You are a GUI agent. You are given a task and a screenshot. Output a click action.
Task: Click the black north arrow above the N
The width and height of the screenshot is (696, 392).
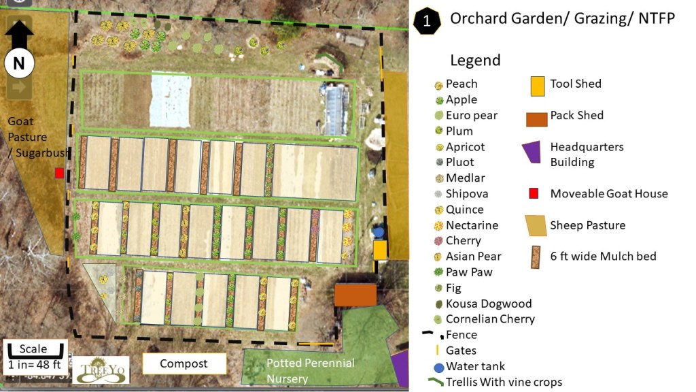(19, 33)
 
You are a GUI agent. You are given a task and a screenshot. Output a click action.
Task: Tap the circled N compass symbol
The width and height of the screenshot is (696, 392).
(18, 64)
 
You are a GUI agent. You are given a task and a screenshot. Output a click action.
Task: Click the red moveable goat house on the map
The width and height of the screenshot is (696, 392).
(60, 173)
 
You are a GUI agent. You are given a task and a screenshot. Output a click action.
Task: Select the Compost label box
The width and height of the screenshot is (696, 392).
(184, 363)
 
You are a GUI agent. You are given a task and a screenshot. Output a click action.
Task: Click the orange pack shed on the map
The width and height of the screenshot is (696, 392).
(355, 295)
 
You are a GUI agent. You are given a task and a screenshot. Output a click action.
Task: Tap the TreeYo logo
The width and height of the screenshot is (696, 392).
(101, 370)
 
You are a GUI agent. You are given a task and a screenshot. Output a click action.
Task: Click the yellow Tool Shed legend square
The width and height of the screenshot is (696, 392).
(538, 85)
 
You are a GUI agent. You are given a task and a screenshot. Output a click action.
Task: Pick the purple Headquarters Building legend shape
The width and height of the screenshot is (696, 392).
(532, 153)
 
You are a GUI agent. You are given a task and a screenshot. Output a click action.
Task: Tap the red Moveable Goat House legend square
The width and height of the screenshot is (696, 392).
(534, 194)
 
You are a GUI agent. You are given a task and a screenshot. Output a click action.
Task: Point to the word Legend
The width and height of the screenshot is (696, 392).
(474, 60)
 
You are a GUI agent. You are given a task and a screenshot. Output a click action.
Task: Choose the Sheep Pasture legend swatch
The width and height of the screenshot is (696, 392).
(536, 225)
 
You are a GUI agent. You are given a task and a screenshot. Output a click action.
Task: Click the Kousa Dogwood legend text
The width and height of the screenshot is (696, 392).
(488, 304)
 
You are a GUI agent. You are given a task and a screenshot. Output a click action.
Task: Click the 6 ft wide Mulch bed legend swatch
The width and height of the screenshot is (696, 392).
(536, 257)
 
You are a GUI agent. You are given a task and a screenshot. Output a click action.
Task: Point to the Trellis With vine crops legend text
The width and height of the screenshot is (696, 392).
(504, 382)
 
